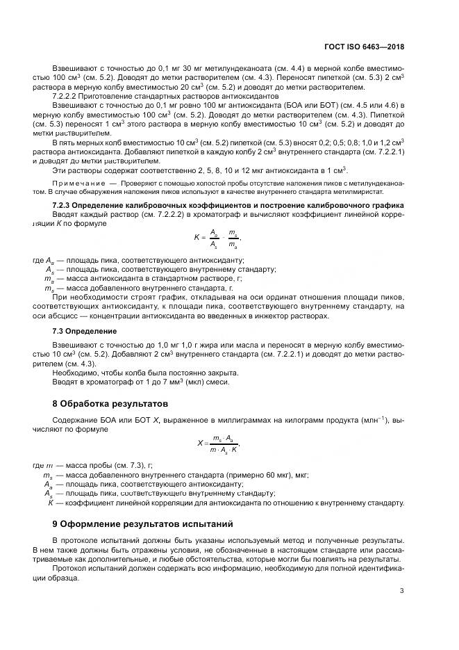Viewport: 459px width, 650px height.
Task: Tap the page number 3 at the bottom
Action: coord(402,591)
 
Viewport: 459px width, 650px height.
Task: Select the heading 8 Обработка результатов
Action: coord(106,403)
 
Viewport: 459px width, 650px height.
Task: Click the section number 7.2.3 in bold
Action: coord(65,206)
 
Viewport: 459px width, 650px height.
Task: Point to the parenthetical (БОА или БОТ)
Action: coord(303,103)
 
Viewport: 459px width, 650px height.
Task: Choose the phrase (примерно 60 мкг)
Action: coord(231,475)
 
